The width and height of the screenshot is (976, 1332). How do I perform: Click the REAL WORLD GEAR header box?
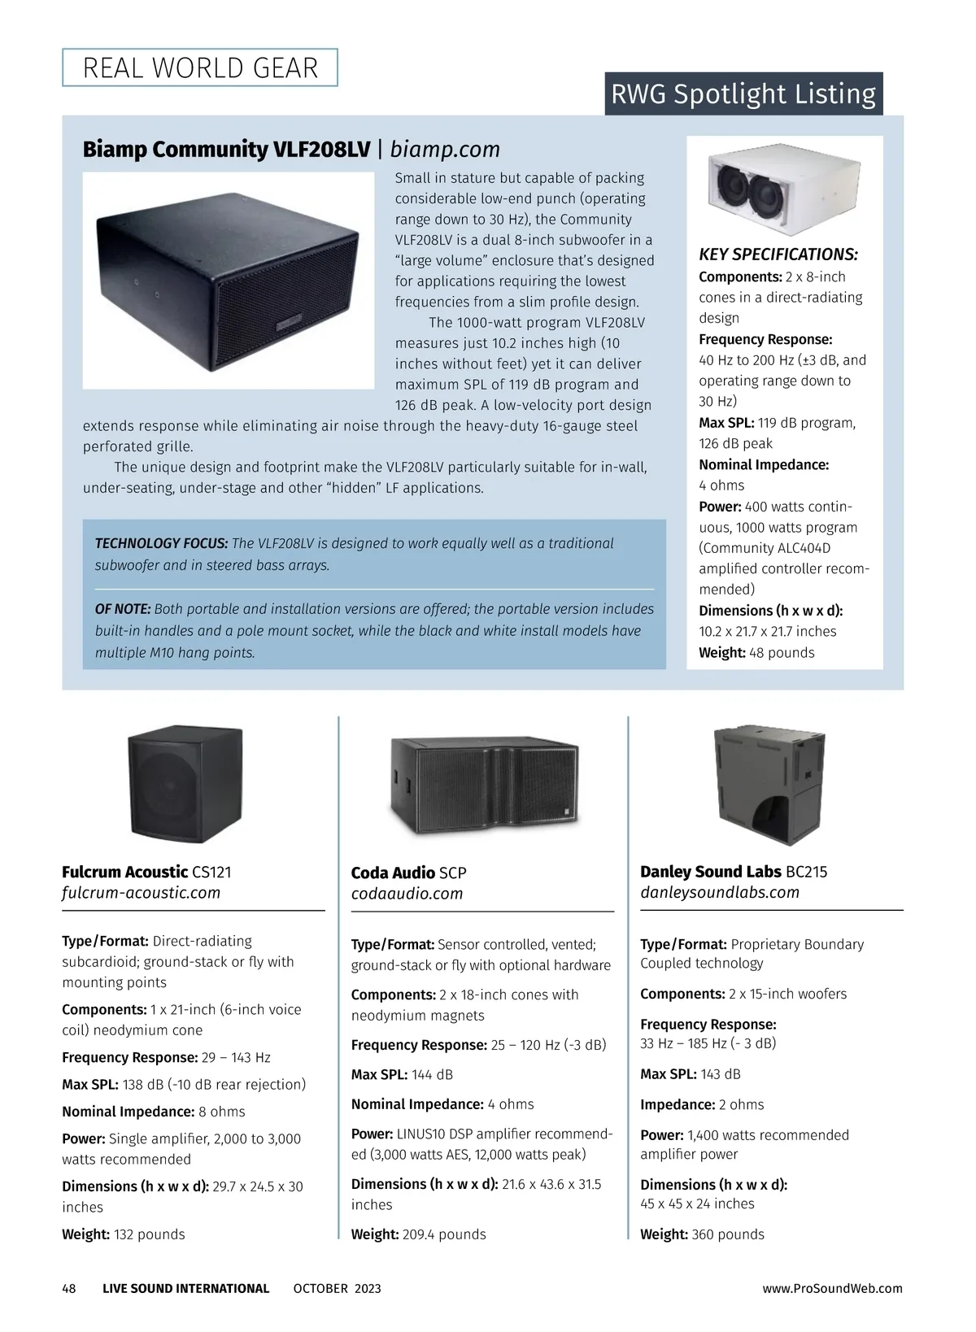point(200,67)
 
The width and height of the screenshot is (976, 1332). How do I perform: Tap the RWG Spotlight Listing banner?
point(743,94)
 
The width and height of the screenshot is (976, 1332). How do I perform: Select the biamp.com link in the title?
point(445,150)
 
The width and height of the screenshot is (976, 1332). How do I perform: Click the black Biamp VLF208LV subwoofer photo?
point(229,281)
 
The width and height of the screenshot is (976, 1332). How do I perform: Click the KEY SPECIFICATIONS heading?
point(778,255)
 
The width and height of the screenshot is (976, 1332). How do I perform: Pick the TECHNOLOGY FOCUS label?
point(161,543)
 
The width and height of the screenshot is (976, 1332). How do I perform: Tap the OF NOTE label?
point(123,609)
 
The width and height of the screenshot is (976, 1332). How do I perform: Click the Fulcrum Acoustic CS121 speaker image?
point(185,784)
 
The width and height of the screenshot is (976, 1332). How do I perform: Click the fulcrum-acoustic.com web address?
point(141,893)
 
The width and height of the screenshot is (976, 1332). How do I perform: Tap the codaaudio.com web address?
point(407,894)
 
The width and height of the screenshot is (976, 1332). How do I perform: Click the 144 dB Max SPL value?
point(432,1074)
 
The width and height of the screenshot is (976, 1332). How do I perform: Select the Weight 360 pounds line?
point(702,1234)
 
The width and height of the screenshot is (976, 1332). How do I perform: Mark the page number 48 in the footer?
point(69,1288)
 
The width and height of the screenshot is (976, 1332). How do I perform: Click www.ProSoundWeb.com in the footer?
point(832,1288)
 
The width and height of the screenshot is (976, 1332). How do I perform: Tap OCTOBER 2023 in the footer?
point(337,1288)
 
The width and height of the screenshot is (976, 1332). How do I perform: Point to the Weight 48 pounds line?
point(756,652)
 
